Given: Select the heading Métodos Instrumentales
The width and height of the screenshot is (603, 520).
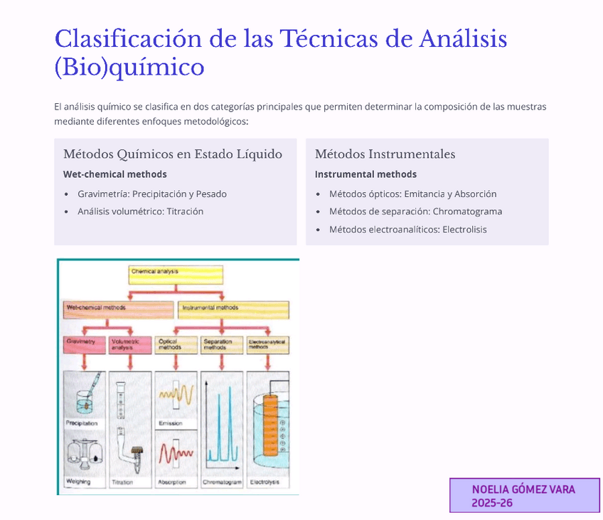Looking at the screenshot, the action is (x=385, y=154).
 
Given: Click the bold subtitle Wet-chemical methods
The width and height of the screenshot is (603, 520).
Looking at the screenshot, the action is (x=115, y=174).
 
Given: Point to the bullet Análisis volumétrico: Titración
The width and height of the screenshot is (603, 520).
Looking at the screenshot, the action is (x=140, y=211).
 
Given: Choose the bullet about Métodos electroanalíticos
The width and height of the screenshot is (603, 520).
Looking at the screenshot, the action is (x=407, y=229).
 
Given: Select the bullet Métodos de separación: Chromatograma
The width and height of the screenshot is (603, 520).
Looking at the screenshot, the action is (x=415, y=211).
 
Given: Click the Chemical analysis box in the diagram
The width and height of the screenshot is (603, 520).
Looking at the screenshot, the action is (x=176, y=274).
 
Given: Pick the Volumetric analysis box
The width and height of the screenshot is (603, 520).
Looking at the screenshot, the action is (x=130, y=344).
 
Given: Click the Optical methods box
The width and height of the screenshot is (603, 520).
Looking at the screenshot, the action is (x=176, y=344).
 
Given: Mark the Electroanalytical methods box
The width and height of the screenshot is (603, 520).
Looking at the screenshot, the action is (x=267, y=344).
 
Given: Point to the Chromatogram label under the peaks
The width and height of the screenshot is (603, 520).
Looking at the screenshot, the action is (x=222, y=482).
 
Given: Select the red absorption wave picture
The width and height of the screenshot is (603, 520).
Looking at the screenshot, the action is (x=176, y=453).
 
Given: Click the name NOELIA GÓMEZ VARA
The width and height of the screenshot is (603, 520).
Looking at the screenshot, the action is (x=523, y=489).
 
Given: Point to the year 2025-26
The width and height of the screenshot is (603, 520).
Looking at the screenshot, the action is (x=492, y=503).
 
